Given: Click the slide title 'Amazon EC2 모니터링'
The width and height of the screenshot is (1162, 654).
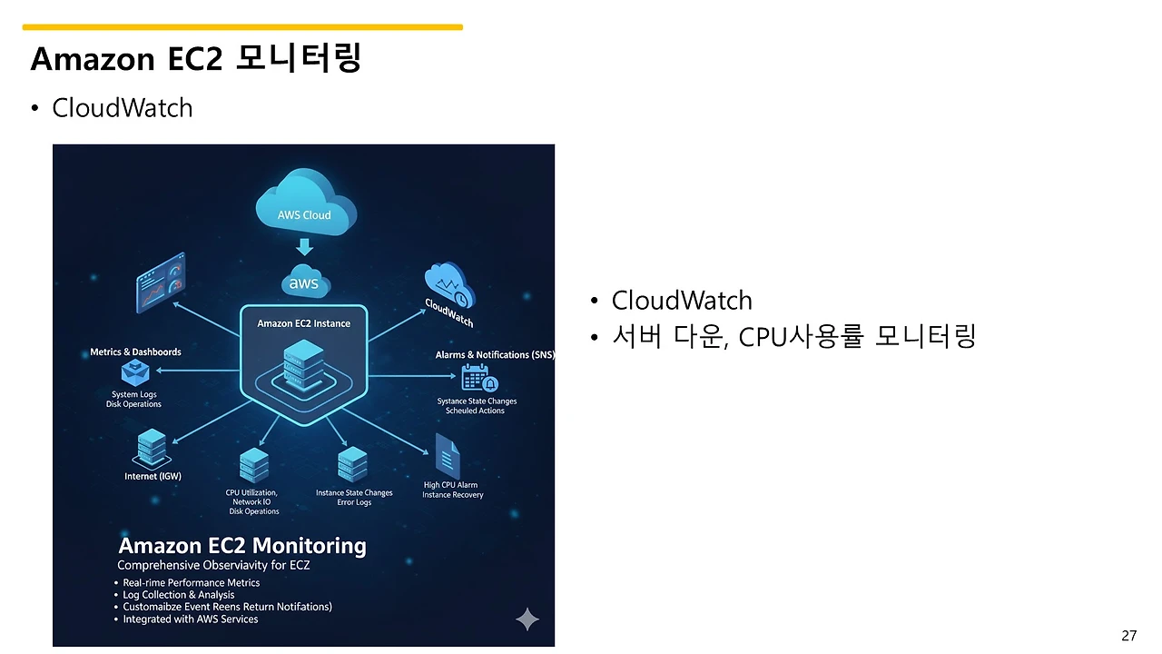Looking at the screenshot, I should tap(196, 59).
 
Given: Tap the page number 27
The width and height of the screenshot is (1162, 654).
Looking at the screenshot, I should tap(1128, 636).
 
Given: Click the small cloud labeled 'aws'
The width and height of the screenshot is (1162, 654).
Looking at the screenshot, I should tap(304, 282).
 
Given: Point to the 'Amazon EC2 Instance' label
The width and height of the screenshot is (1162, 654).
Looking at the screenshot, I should tap(303, 323).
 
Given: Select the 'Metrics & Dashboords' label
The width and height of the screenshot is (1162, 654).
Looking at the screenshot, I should tap(135, 352).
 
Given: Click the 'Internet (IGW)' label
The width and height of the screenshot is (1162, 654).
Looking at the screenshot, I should tap(153, 476).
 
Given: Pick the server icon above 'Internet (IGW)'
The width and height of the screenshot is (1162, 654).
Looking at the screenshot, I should tap(152, 448).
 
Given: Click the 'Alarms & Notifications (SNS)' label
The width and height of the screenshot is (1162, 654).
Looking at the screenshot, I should tap(495, 355).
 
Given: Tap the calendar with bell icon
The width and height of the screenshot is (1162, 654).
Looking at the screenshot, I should tap(478, 378).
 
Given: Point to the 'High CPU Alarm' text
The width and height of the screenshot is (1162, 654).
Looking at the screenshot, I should tap(450, 485).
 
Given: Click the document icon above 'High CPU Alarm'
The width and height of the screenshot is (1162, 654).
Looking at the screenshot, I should tap(447, 455).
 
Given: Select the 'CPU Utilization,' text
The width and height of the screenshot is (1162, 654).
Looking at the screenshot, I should tap(251, 492).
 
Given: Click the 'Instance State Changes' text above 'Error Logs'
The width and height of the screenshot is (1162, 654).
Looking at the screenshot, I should tap(354, 493).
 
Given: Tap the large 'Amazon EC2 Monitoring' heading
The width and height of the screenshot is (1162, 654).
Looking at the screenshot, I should tap(242, 546).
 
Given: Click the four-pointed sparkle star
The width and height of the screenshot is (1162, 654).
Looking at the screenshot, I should tap(527, 619).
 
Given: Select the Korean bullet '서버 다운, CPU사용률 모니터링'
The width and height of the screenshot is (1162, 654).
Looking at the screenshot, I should tap(793, 337).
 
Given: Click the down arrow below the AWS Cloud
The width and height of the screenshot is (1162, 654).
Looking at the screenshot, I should tap(305, 247).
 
